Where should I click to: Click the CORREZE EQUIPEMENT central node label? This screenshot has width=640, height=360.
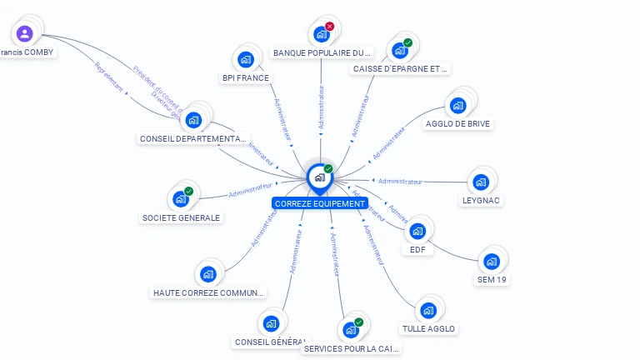click(319, 203)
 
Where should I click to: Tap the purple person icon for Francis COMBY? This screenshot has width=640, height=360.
click(25, 34)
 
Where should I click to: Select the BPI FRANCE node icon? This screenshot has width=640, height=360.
click(246, 59)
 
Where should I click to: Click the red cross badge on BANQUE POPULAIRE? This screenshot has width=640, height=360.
click(329, 27)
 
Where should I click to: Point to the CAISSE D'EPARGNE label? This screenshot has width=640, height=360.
click(401, 69)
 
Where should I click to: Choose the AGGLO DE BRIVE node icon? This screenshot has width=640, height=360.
click(457, 106)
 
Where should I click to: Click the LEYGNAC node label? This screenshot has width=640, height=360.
click(481, 201)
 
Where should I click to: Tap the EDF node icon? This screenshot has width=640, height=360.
click(417, 231)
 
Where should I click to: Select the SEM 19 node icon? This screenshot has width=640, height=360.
click(492, 262)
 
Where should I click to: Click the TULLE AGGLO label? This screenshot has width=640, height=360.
click(428, 329)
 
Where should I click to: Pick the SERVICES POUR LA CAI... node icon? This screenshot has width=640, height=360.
click(351, 330)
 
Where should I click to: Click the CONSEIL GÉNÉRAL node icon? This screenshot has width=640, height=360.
click(270, 323)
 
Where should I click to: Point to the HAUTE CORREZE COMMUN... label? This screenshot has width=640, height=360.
click(208, 292)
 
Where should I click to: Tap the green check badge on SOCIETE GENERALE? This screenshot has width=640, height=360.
click(189, 192)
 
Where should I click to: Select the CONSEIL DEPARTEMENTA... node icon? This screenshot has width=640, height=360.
click(193, 120)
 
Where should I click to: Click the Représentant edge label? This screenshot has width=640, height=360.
click(109, 77)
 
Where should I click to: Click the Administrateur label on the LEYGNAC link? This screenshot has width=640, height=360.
click(400, 181)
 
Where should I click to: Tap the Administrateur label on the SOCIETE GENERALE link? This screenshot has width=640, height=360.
click(250, 191)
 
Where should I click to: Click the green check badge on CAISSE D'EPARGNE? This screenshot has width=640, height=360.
click(407, 42)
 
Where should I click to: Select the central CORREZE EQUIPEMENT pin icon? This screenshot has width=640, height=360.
click(319, 177)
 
